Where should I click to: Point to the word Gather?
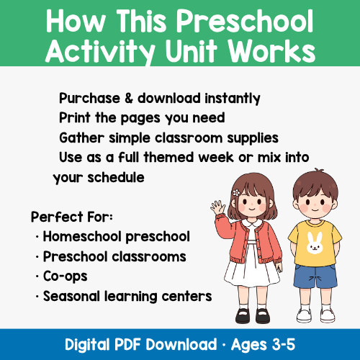click(81, 137)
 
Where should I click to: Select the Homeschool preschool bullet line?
click(116, 236)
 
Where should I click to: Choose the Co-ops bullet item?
click(64, 276)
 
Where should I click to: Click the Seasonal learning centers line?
click(127, 296)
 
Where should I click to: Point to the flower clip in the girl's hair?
click(235, 192)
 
